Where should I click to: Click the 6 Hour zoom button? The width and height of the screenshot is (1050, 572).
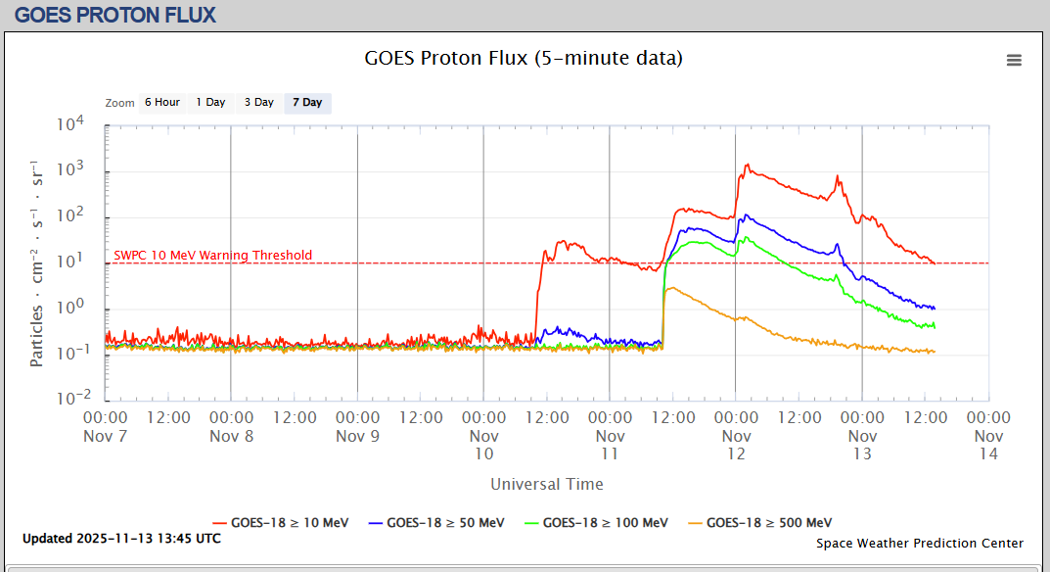[x=161, y=103]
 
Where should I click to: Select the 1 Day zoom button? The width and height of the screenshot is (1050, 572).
[x=210, y=103]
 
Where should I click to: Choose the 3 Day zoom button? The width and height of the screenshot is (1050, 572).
[x=259, y=103]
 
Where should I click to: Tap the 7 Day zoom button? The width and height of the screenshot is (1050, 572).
[x=307, y=103]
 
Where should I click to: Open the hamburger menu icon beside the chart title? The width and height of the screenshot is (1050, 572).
[x=1014, y=60]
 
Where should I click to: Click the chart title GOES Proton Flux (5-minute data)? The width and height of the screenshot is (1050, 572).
[x=524, y=58]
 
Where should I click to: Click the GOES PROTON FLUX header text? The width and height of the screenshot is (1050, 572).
[x=115, y=15]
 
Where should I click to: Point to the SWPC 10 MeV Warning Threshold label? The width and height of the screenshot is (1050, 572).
[x=213, y=256]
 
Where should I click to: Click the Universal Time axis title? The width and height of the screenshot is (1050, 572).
[x=547, y=484]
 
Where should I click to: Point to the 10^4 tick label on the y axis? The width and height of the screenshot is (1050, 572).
[x=71, y=125]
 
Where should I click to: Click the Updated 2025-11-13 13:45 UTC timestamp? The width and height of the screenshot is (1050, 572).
[x=121, y=539]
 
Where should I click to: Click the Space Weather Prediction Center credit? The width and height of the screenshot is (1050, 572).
[x=920, y=543]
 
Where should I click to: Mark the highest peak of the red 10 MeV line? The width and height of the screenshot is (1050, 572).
[x=747, y=166]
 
